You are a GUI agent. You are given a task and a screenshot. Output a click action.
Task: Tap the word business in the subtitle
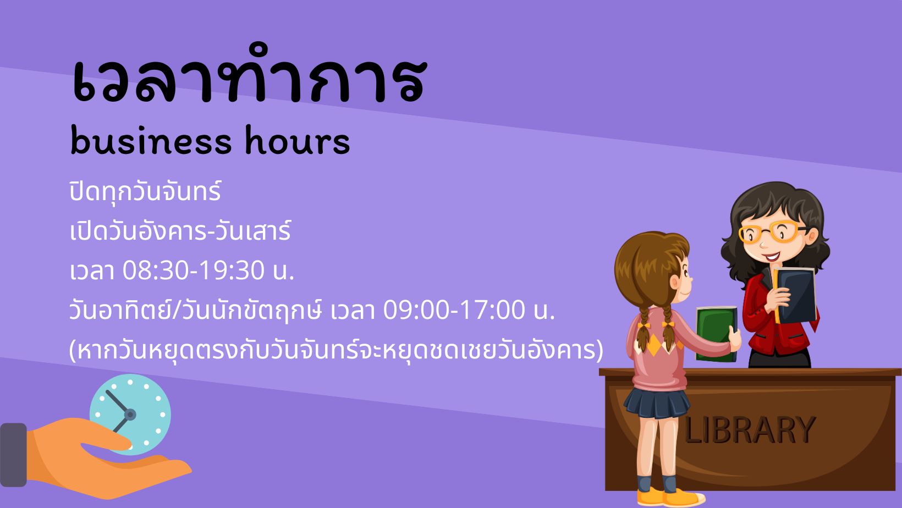tap(151, 141)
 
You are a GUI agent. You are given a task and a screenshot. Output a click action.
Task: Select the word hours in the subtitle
tap(298, 141)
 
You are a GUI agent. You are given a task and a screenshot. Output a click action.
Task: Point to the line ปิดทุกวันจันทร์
tap(145, 192)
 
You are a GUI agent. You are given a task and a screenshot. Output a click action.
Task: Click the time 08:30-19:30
tap(194, 270)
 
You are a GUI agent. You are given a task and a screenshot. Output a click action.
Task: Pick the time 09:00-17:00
tap(454, 310)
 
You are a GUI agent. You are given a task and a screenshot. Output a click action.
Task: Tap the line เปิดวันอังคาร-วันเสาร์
tap(180, 231)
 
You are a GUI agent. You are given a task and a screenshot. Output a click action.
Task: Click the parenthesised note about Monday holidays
tap(336, 350)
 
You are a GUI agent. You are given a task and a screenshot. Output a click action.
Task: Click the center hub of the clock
tap(130, 415)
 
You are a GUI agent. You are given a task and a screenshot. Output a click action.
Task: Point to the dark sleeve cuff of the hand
tap(13, 455)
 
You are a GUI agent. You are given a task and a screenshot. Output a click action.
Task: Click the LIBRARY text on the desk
tap(750, 430)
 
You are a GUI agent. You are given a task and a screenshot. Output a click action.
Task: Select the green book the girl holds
tap(716, 334)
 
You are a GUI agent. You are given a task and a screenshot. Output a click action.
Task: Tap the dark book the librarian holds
tap(795, 295)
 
